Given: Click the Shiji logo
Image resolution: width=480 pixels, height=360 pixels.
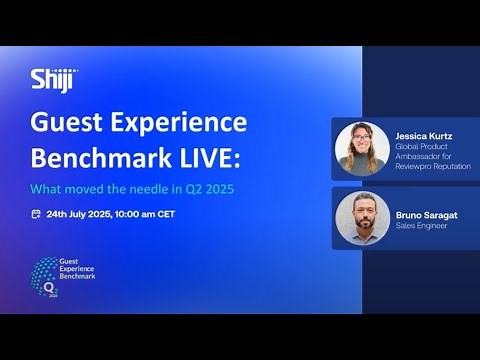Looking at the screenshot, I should [x=53, y=78].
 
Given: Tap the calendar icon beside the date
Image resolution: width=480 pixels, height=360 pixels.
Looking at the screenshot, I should [x=36, y=214].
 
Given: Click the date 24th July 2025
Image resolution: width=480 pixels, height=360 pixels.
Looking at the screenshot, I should [x=83, y=214].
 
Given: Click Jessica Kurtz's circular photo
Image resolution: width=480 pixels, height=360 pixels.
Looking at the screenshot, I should [x=362, y=149].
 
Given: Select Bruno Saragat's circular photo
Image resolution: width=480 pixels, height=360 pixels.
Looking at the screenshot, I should [x=362, y=218].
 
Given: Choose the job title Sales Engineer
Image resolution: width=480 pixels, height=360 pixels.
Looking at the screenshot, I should [x=421, y=226].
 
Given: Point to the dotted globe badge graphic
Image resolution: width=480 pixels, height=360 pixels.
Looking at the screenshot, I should [x=45, y=273].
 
